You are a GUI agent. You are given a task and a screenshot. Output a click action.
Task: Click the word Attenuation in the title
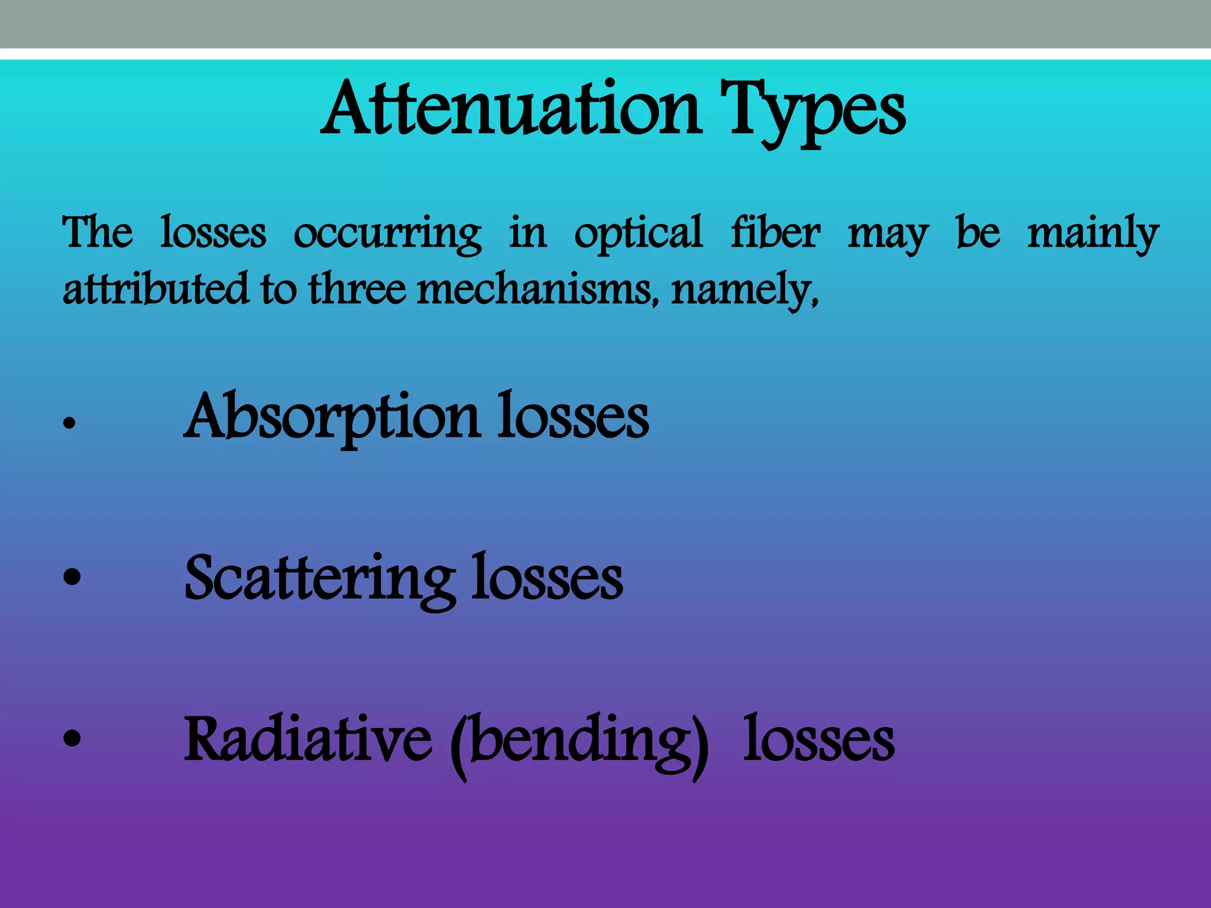[x=511, y=109]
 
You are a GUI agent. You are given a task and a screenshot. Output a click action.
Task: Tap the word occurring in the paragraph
[x=387, y=234]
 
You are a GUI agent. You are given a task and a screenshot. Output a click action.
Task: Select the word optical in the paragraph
[x=638, y=234]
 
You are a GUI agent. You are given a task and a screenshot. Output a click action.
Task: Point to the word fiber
[x=775, y=232]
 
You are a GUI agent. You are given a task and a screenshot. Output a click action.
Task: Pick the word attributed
[x=156, y=288]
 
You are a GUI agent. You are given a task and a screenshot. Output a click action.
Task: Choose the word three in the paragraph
[x=357, y=288]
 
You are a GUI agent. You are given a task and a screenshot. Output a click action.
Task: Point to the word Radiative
[x=307, y=739]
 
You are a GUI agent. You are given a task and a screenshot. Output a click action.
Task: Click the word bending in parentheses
[x=579, y=742]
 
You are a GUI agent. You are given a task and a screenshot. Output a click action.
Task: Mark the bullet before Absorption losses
[x=70, y=423]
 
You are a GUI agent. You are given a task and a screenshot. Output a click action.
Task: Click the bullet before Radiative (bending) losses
[x=72, y=738]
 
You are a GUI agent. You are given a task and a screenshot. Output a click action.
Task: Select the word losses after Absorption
[x=572, y=417]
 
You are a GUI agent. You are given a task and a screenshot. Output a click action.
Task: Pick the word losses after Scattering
[x=546, y=578]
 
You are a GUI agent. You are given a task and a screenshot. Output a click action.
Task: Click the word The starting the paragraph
[x=98, y=232]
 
